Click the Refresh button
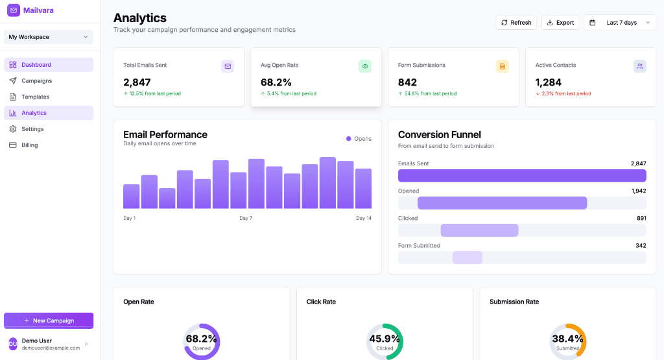pos(516,23)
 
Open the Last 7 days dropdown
pos(619,23)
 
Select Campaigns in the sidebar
pos(36,81)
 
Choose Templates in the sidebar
pos(35,97)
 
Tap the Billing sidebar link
pos(29,145)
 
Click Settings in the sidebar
pos(32,129)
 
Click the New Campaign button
pos(49,320)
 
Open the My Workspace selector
pos(49,37)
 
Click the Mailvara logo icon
pos(14,10)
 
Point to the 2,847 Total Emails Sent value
pos(137,82)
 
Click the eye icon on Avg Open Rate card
pos(365,66)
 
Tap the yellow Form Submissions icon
pos(503,66)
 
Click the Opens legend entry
pos(359,139)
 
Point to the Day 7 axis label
pos(246,218)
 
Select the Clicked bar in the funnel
pos(479,230)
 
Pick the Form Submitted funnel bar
pos(468,258)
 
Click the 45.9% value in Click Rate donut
pos(385,339)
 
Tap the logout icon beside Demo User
pos(87,344)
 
